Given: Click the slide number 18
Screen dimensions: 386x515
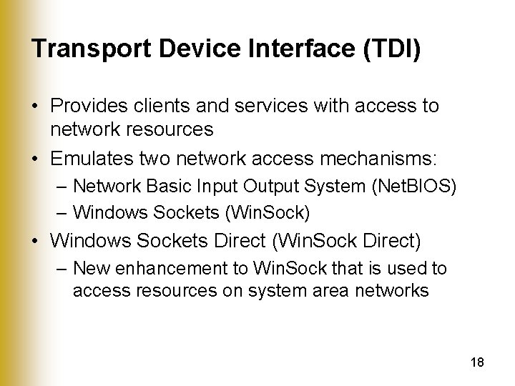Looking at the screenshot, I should click(478, 362).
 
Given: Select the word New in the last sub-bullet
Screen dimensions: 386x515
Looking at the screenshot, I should click(89, 269).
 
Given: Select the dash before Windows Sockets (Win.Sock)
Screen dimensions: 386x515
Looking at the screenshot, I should click(62, 212).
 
